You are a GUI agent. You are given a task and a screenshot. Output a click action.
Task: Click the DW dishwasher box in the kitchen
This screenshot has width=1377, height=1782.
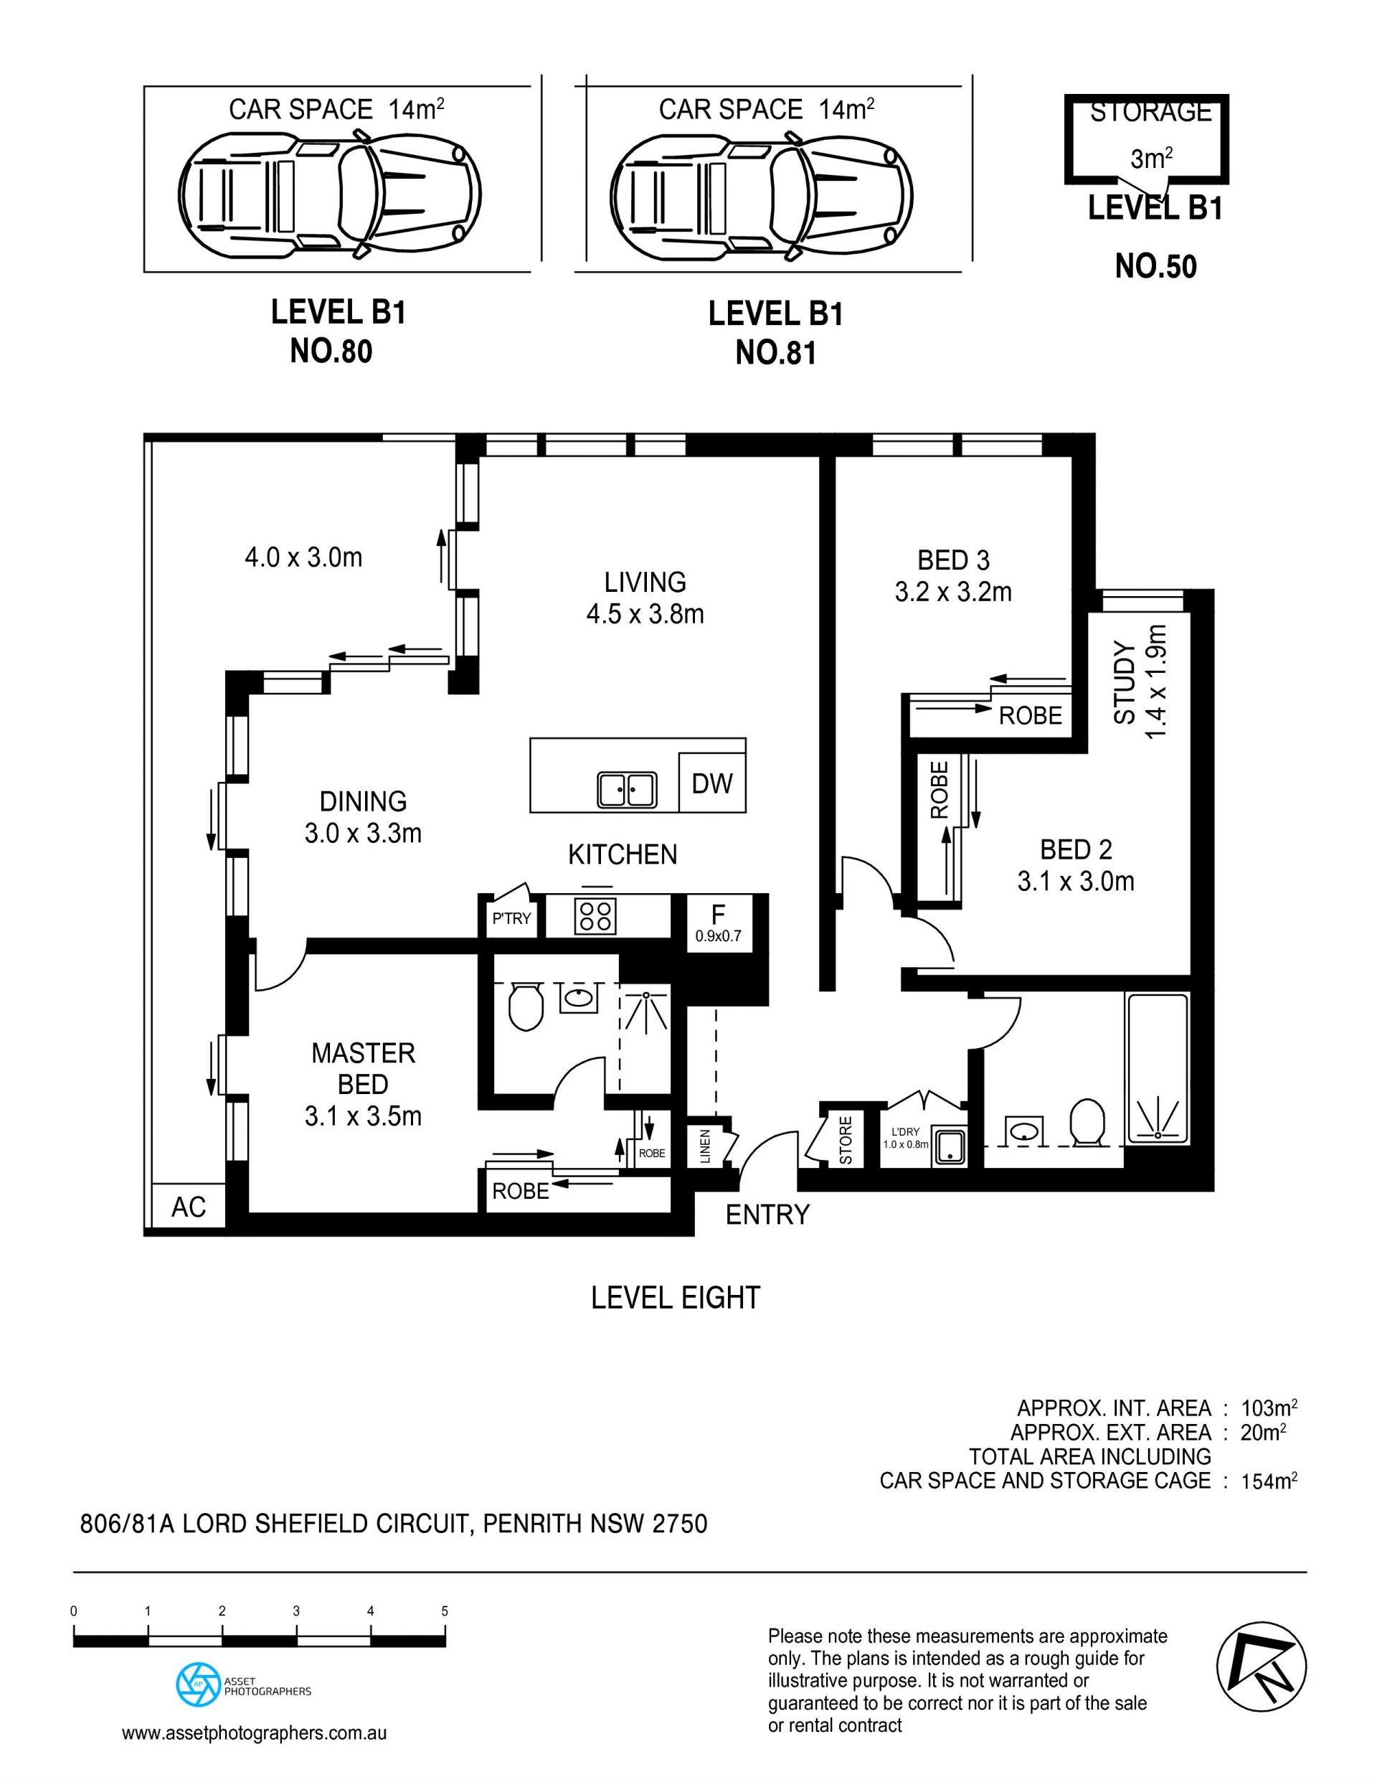coord(712,783)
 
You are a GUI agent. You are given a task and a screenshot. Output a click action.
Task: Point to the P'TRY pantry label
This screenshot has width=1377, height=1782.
coord(511,919)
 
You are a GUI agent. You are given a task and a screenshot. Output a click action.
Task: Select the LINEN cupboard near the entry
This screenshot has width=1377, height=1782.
coord(705,1146)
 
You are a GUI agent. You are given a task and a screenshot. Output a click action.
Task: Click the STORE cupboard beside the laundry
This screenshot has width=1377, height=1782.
coord(845,1141)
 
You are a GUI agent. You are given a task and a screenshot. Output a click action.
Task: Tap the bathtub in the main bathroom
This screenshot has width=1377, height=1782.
coord(1157,1068)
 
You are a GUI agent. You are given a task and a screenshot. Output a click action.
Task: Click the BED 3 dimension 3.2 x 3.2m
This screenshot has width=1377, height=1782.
coord(953,592)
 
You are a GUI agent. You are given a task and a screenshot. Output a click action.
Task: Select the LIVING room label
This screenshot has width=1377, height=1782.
coord(645,582)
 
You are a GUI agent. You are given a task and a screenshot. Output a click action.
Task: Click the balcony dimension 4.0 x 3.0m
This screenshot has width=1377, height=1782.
coord(303,558)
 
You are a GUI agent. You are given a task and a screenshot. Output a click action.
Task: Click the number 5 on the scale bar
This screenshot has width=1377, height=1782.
coord(445,1611)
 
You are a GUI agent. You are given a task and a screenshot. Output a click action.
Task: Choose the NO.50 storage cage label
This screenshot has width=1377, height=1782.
coord(1155,267)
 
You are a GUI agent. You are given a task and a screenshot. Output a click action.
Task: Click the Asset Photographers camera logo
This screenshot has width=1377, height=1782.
coord(197,1686)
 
